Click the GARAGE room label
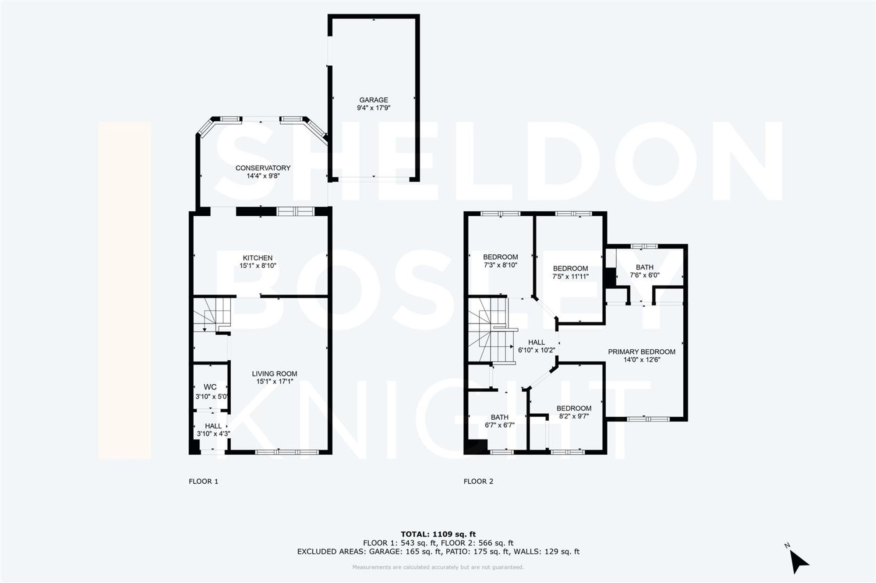[x=374, y=100]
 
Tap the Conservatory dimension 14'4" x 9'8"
[x=263, y=176]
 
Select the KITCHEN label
[x=258, y=258]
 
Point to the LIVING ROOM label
[x=274, y=374]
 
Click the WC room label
[x=210, y=387]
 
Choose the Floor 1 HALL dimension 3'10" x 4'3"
[x=213, y=434]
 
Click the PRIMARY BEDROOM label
[x=641, y=351]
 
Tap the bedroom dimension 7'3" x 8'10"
[x=500, y=265]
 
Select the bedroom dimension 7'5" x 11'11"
[x=570, y=276]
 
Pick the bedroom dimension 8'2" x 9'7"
[x=574, y=416]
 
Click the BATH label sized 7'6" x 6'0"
[x=644, y=267]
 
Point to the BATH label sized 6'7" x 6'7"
[x=499, y=417]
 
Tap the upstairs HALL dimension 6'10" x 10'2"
[x=536, y=350]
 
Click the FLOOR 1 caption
[x=203, y=481]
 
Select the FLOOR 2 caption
[x=478, y=481]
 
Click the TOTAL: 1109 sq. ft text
[x=438, y=534]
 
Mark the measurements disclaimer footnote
[x=438, y=567]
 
